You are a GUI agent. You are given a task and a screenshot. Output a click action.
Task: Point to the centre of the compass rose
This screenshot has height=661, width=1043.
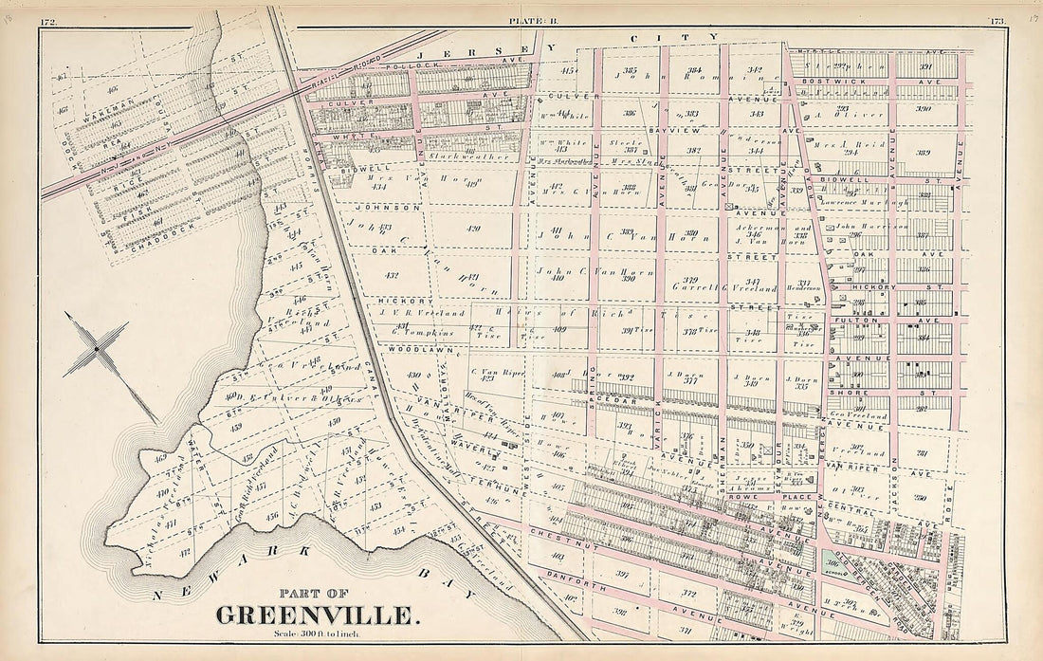pyautogui.click(x=96, y=351)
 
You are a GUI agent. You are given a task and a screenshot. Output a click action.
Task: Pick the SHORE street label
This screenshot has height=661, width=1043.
pyautogui.click(x=858, y=391)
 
